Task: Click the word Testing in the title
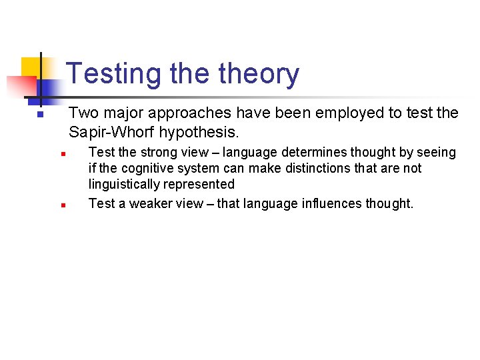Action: (x=114, y=74)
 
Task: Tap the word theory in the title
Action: (x=256, y=74)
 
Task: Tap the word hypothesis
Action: (x=199, y=132)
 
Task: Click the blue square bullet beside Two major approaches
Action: (x=40, y=115)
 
